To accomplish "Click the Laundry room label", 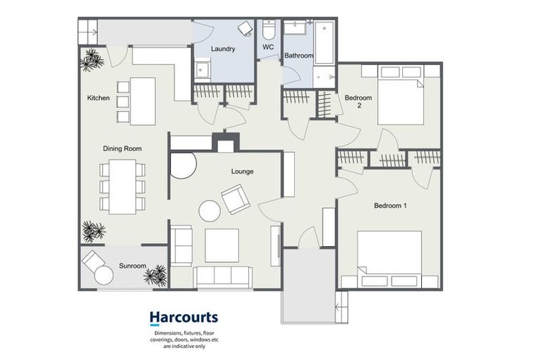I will (x=223, y=49).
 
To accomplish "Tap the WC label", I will (x=268, y=48).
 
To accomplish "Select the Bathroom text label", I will (x=299, y=56).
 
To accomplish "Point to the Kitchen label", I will (x=98, y=98).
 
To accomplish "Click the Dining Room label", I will (x=123, y=148).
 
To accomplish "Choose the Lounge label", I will (x=243, y=172).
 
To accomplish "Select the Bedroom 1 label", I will (x=390, y=206).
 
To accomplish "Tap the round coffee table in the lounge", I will (x=209, y=211).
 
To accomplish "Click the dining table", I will (x=123, y=185).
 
